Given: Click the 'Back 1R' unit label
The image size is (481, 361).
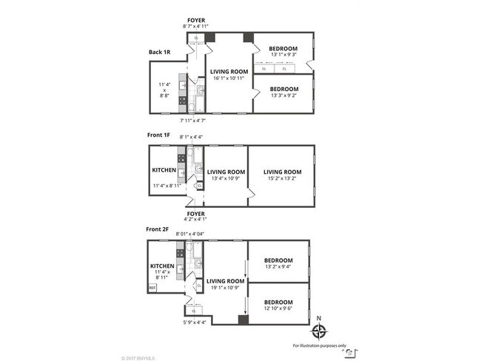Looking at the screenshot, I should [160, 53].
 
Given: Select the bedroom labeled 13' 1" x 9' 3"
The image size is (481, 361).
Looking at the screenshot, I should [283, 54].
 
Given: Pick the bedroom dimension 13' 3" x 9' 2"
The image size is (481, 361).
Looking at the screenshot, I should [284, 95].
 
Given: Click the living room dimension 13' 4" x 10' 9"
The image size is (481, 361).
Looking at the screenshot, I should [224, 178].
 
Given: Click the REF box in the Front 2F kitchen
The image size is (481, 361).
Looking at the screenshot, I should [152, 288].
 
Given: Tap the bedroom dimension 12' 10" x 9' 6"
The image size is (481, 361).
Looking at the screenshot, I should [279, 308].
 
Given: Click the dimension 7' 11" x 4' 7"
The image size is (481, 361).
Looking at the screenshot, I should [194, 120].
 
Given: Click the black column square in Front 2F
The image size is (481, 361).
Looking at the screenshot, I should [242, 320].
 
